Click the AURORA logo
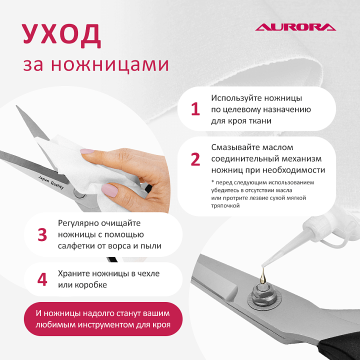coord(295,27)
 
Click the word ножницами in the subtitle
coord(110,65)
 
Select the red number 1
coord(195,109)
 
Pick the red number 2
coord(195,159)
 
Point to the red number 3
coord(42,234)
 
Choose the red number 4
coord(42,279)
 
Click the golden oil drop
coord(263,276)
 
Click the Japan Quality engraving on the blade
coord(50,182)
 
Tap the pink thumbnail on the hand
coord(109,190)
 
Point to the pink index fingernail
coord(87,151)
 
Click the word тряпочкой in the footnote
coord(225,205)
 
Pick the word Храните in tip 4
coord(73,273)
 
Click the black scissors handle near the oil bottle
coord(340,348)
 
